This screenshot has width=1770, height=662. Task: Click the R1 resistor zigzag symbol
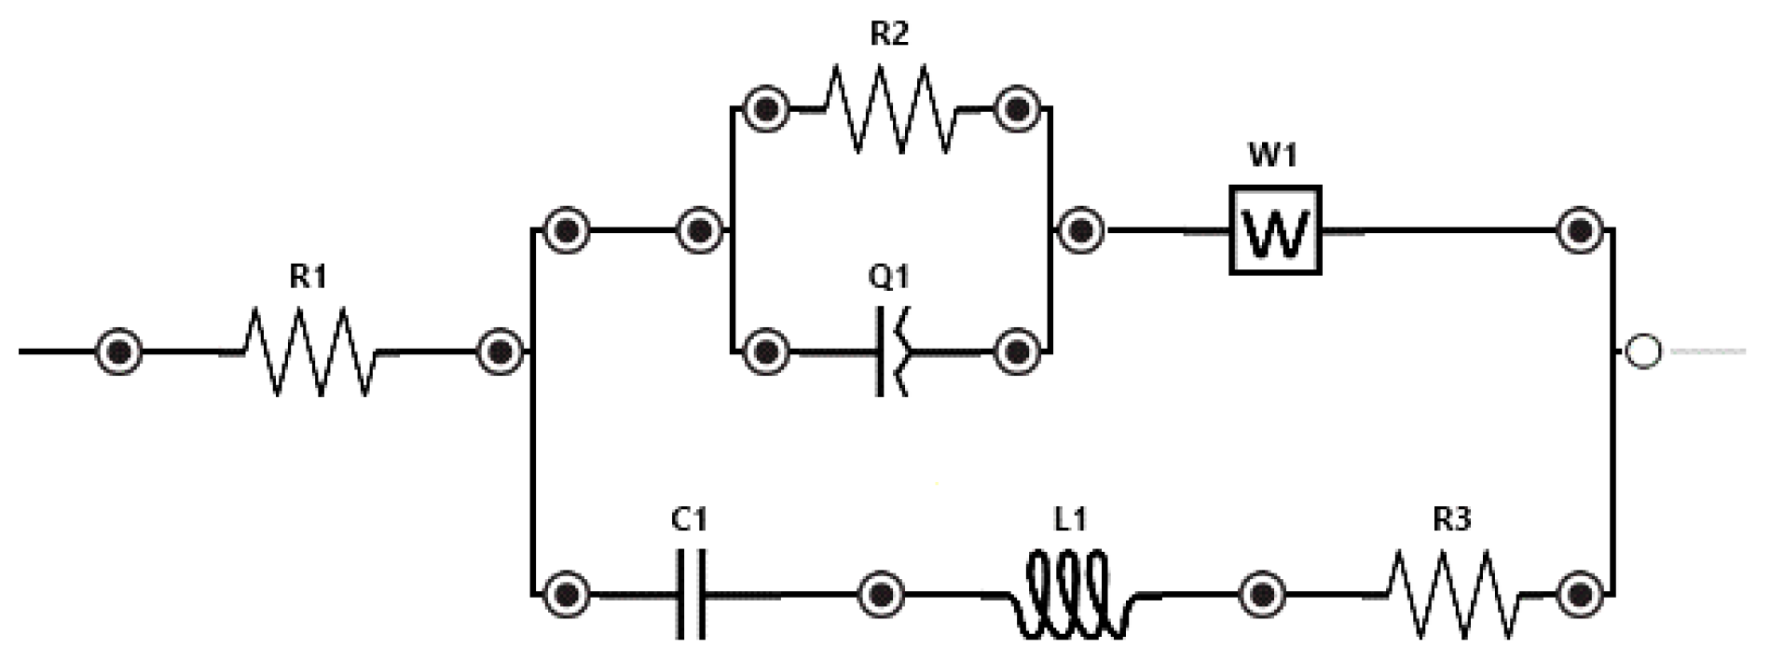(x=310, y=352)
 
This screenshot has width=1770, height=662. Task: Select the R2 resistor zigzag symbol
(x=890, y=109)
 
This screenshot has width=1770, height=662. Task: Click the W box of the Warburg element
(x=1275, y=230)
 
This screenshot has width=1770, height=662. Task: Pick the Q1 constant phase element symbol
(x=893, y=352)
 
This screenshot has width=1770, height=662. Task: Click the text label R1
(x=309, y=277)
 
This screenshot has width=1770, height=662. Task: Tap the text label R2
(x=888, y=34)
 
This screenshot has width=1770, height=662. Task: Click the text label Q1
(x=888, y=277)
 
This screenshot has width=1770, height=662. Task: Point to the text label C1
(x=690, y=519)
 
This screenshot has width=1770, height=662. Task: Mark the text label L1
(x=1070, y=519)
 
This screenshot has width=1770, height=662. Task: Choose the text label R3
(x=1452, y=519)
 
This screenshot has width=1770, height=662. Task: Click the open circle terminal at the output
(x=1642, y=352)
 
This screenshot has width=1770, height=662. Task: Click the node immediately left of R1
(x=120, y=352)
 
